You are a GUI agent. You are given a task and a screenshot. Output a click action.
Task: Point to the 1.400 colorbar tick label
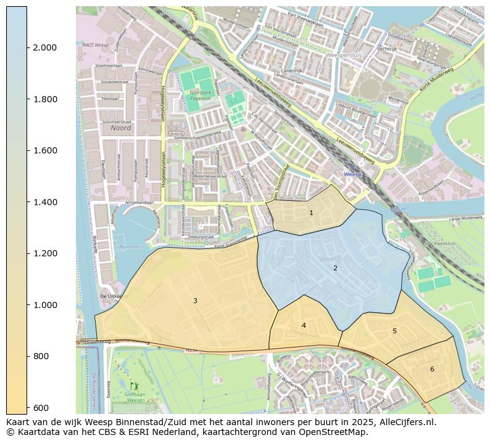(x=44, y=202)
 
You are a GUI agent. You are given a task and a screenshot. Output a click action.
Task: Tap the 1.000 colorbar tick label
(x=44, y=305)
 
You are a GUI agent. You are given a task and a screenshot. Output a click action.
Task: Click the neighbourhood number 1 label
(x=311, y=213)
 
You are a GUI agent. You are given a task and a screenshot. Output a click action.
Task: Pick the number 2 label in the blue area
(x=335, y=268)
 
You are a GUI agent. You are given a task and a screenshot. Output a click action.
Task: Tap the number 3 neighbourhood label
(x=195, y=301)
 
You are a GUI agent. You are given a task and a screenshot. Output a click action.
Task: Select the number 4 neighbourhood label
(x=304, y=325)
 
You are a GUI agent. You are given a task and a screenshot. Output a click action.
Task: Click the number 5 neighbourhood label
(x=394, y=331)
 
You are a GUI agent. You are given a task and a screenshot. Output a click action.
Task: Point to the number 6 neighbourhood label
(x=432, y=369)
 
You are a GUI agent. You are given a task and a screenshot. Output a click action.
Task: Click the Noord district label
(x=121, y=128)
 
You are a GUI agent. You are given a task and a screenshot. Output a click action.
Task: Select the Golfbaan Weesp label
(x=135, y=397)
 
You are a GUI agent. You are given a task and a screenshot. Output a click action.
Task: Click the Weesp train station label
(x=352, y=174)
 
